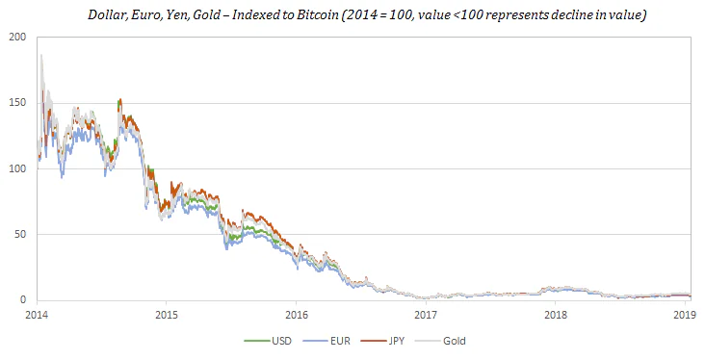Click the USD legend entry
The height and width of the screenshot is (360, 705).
point(268,341)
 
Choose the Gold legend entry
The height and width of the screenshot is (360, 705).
point(440,341)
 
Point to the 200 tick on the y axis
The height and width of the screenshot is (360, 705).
point(17,38)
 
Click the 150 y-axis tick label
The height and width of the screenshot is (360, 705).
point(17,103)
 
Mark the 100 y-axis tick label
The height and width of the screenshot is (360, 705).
point(17,168)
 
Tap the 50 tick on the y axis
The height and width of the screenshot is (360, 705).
point(20,234)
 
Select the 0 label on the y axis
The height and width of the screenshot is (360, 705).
point(23,299)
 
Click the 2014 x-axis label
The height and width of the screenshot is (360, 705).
point(37,315)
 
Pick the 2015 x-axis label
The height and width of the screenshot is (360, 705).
point(167,315)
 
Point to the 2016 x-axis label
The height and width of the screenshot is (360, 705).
point(297,315)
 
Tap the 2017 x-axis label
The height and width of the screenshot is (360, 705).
point(426,315)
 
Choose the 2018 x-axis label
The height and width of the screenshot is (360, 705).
point(556,315)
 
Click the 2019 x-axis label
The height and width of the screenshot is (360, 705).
point(685,315)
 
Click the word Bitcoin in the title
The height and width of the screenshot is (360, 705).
point(320,14)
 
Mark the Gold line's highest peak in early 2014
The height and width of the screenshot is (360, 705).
point(41,55)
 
